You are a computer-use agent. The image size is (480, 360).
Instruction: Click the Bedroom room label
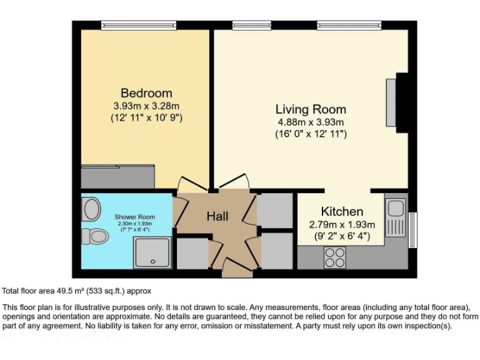click(146, 93)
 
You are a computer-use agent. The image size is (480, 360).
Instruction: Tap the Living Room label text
click(311, 109)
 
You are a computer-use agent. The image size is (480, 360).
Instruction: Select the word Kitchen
click(342, 211)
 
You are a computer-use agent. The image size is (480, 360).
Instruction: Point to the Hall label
click(217, 216)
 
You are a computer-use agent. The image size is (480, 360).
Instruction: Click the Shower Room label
click(134, 217)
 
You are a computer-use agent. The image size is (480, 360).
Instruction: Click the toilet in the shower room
click(94, 236)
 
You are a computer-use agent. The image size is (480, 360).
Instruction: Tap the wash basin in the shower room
click(91, 209)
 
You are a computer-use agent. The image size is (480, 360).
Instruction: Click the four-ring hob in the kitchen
click(335, 256)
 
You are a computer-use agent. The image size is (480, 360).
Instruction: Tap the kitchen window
click(412, 229)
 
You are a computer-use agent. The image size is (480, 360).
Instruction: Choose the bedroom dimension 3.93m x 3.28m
click(146, 106)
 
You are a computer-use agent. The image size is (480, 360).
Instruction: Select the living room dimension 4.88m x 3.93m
click(311, 122)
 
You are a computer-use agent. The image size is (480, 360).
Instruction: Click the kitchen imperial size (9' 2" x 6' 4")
click(342, 236)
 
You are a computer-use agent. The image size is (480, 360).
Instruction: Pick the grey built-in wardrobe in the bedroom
click(119, 177)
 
